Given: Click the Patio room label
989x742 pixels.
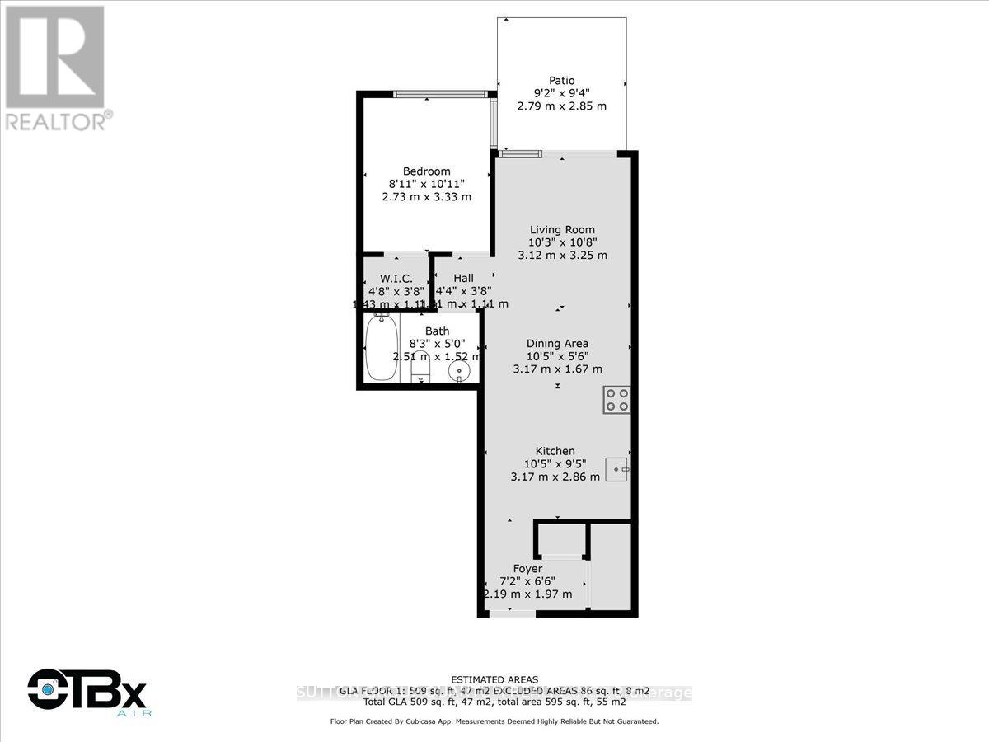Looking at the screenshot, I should click(561, 81).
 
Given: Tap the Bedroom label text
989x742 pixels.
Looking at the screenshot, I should click(426, 171).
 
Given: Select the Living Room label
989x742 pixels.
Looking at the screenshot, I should click(562, 230).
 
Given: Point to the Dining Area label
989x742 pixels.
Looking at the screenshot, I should click(558, 344).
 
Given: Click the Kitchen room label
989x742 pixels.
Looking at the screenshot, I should click(555, 451).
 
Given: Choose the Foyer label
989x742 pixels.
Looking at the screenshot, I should click(527, 569).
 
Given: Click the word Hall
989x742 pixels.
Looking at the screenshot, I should click(463, 279).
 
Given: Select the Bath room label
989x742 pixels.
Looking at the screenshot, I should click(438, 331).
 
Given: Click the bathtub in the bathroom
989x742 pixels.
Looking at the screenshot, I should click(382, 348).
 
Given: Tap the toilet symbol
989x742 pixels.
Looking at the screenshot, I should click(421, 367).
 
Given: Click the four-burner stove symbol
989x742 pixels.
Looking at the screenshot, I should click(616, 400).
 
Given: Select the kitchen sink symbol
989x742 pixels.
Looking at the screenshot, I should click(617, 469).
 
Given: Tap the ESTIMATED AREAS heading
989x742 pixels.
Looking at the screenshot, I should click(494, 680).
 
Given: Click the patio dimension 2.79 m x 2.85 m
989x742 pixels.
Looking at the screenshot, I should click(561, 106).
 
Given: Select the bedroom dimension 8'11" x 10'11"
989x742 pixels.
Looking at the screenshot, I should click(426, 184).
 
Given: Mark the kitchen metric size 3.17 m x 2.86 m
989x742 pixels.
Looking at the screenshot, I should click(555, 477).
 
